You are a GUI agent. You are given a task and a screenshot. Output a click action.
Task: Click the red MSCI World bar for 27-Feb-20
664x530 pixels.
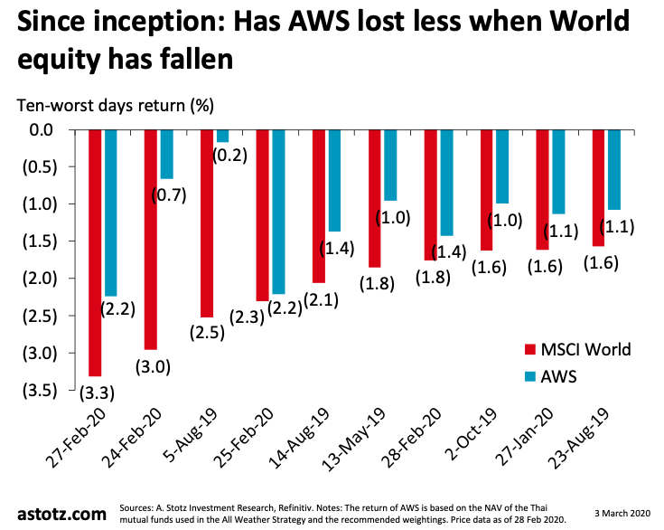tap(95, 252)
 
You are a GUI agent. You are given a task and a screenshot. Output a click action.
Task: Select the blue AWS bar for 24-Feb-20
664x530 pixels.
tap(166, 154)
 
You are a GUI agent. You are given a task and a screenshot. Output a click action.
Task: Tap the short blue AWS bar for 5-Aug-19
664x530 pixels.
tap(222, 136)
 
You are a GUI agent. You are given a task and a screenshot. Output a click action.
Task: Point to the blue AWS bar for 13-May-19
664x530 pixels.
tap(390, 165)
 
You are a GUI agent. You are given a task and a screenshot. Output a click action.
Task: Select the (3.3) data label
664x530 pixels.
tap(93, 393)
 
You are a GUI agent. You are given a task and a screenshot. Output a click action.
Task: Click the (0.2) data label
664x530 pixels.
tap(230, 155)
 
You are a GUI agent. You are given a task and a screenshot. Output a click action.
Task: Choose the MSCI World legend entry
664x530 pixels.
tap(582, 349)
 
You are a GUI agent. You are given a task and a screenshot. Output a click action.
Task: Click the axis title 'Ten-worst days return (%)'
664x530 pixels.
tap(116, 104)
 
